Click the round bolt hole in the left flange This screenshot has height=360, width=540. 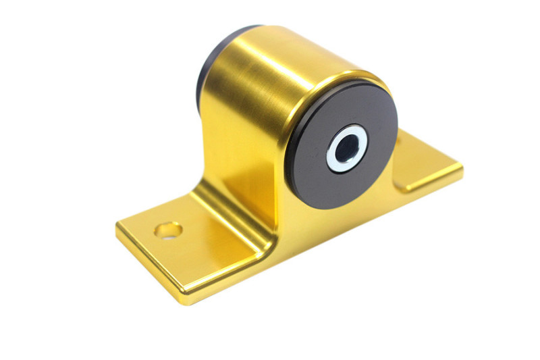tap(168, 230)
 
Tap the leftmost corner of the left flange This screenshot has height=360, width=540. tap(117, 225)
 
